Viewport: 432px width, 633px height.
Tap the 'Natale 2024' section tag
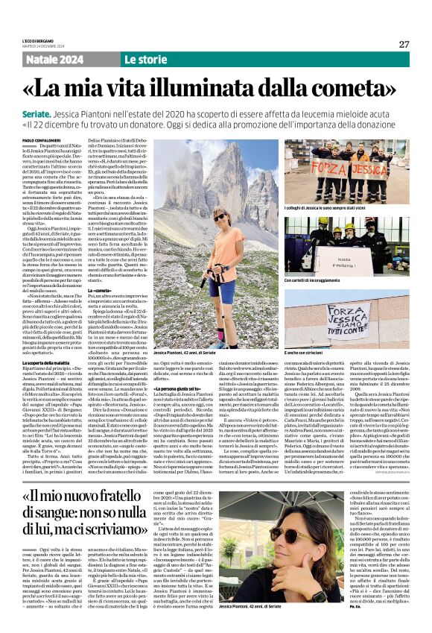point(50,59)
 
